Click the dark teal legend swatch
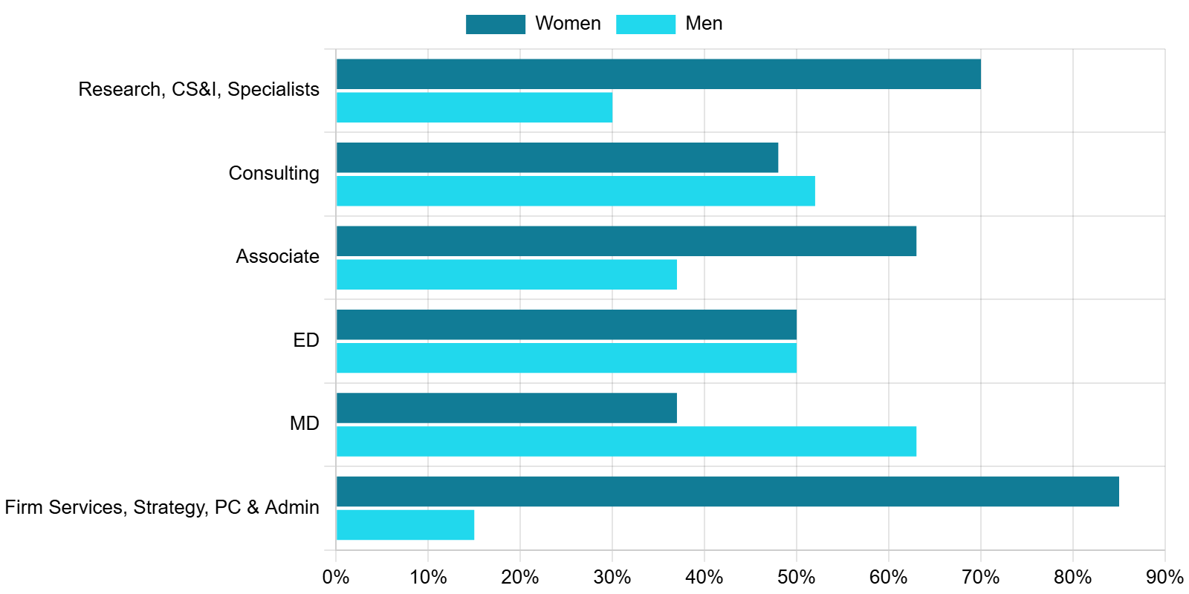[x=496, y=25]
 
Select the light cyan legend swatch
[x=646, y=25]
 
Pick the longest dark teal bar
[x=728, y=492]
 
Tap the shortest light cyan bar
[x=406, y=525]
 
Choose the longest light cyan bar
[x=626, y=441]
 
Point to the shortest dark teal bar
[x=507, y=408]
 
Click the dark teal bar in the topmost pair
[x=658, y=74]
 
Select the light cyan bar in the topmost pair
[x=475, y=107]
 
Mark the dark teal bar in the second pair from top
[x=557, y=157]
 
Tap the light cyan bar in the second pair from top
[x=576, y=191]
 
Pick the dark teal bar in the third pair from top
[x=626, y=241]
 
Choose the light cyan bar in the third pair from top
[x=507, y=274]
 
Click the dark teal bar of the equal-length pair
[x=566, y=325]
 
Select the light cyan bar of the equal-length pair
[x=566, y=358]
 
